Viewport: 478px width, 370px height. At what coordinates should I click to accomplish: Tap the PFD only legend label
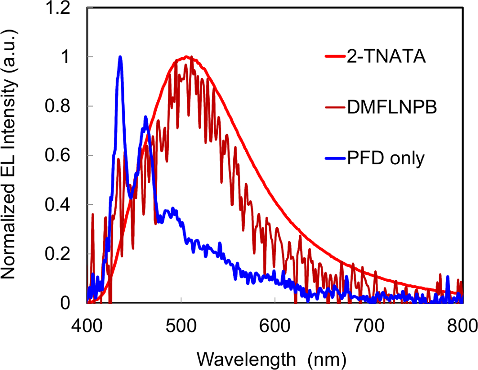click(386, 158)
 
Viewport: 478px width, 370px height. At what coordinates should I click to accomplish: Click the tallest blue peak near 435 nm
click(120, 57)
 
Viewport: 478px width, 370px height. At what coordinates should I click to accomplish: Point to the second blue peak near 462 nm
click(145, 117)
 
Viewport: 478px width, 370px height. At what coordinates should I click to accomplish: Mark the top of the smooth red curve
click(187, 57)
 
